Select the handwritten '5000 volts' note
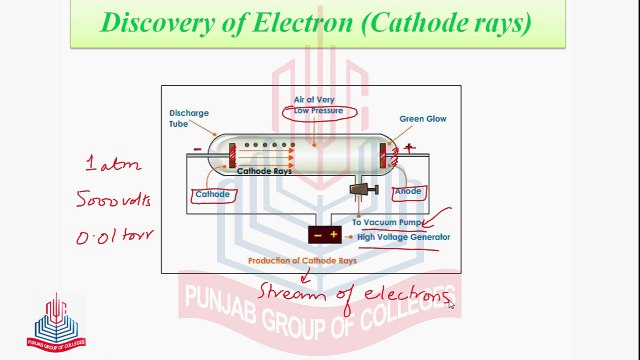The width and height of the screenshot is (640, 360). [x=113, y=200]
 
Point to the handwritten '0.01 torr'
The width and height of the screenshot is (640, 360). [x=113, y=238]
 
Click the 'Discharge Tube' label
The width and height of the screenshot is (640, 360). [x=189, y=119]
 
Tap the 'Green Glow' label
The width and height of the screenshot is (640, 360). [x=423, y=119]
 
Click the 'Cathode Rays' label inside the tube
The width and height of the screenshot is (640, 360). [x=270, y=171]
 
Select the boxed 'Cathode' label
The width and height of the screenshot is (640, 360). [x=212, y=194]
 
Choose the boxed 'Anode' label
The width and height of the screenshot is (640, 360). [x=408, y=191]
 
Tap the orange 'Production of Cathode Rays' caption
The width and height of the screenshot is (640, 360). [x=303, y=260]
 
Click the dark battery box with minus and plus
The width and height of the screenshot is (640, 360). [x=325, y=235]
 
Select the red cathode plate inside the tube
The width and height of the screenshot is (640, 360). [x=232, y=155]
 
